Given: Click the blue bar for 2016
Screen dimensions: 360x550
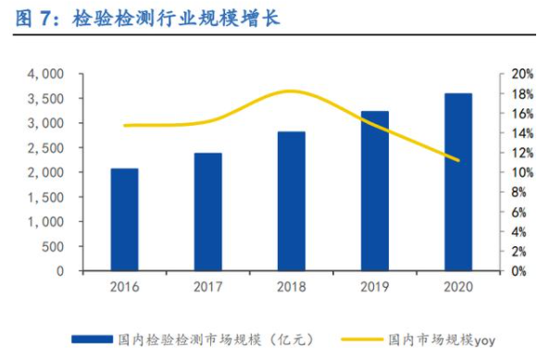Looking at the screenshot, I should pyautogui.click(x=124, y=220).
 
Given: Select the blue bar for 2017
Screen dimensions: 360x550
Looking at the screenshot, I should pyautogui.click(x=207, y=212).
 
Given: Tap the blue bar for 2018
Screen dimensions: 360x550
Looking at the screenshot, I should pyautogui.click(x=291, y=202).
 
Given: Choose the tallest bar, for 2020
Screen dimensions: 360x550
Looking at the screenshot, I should pyautogui.click(x=457, y=182).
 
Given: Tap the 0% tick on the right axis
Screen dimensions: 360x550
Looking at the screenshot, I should pyautogui.click(x=519, y=271).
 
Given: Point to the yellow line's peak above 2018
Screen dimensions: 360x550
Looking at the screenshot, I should pyautogui.click(x=291, y=91).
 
